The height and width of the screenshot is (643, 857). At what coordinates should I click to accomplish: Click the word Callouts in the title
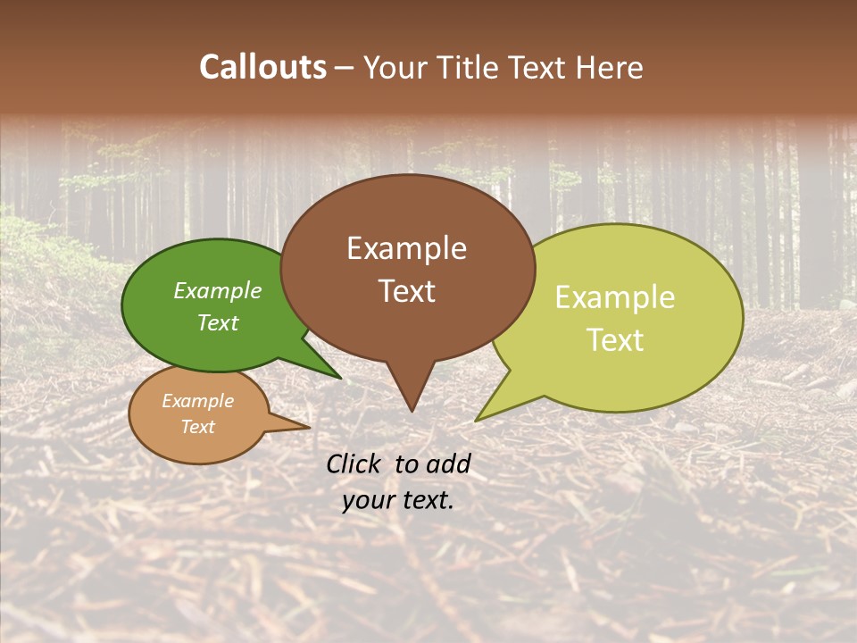click(262, 67)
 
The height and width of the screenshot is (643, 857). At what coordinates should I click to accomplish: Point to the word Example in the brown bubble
click(406, 248)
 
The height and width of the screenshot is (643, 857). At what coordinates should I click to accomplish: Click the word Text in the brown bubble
click(406, 291)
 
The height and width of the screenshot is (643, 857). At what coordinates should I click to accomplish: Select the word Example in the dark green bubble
click(218, 291)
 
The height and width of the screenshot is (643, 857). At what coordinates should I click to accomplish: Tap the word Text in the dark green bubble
click(218, 322)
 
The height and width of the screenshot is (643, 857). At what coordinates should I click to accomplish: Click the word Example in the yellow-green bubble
click(615, 297)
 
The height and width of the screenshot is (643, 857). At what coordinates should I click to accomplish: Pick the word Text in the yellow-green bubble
click(615, 340)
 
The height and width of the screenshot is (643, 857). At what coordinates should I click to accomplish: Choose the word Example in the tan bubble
click(197, 401)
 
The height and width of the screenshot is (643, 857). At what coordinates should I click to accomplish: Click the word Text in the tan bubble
click(197, 427)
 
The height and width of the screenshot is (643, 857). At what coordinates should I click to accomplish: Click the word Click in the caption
click(354, 463)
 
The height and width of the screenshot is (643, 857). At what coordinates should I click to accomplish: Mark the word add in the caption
click(450, 463)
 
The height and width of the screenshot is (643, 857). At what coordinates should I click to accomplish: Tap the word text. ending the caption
click(426, 500)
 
